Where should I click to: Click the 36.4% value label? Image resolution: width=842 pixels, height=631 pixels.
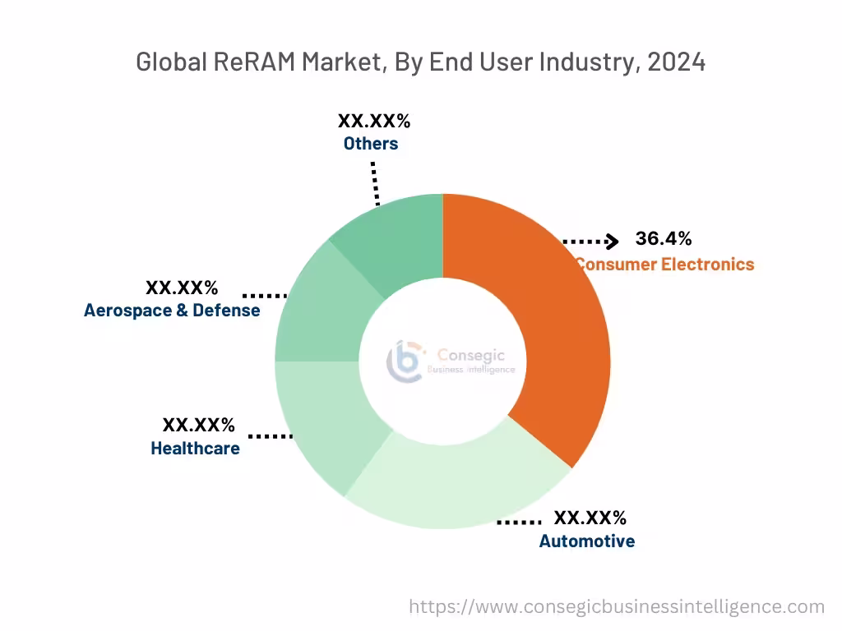click(x=663, y=239)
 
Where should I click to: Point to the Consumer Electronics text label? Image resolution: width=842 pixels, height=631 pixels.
click(x=664, y=265)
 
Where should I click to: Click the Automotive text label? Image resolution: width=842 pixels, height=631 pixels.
click(x=586, y=541)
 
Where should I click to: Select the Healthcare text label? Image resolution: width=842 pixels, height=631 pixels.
click(x=195, y=449)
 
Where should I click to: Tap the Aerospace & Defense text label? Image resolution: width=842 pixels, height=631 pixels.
click(x=172, y=311)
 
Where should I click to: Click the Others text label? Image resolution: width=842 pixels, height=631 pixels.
click(x=371, y=144)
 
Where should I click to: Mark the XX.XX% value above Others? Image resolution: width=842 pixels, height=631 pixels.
click(x=373, y=122)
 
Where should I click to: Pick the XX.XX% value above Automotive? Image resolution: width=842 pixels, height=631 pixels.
click(x=590, y=518)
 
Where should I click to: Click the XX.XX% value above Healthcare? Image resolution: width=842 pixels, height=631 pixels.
click(x=198, y=426)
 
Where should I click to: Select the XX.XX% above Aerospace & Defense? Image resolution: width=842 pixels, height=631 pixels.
click(x=182, y=288)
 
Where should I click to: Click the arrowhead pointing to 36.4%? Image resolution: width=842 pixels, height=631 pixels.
click(x=611, y=241)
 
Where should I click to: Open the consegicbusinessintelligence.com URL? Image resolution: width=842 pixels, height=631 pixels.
click(x=617, y=607)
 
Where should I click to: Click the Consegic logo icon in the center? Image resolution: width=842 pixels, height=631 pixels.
click(x=405, y=361)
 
